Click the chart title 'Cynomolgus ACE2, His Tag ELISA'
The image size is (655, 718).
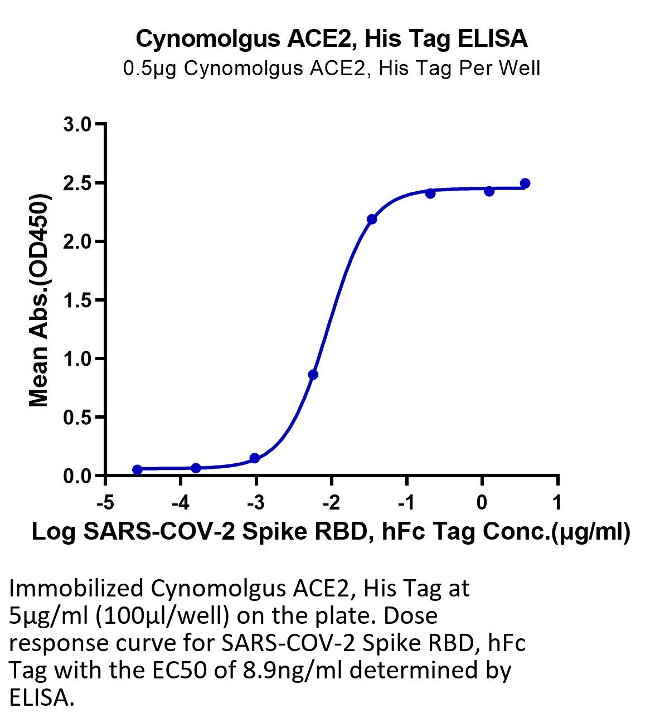point(332,39)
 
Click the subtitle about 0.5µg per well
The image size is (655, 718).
point(332,69)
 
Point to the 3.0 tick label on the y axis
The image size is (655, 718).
point(77,124)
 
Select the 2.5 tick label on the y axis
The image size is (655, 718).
point(77,183)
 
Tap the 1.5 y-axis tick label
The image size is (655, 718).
point(77,300)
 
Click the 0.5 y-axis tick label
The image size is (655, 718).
point(77,418)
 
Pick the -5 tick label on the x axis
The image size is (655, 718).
point(105,502)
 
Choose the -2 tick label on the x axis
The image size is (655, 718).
point(331,502)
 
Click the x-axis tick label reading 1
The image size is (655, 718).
point(557,502)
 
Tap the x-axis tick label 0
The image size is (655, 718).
point(482,502)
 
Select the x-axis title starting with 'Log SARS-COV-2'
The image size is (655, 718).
point(331,532)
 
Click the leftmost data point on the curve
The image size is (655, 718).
point(137,469)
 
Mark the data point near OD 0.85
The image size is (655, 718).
point(313,375)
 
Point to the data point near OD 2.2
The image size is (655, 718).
point(372,219)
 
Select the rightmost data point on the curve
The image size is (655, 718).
point(525,183)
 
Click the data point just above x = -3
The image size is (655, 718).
point(255,458)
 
